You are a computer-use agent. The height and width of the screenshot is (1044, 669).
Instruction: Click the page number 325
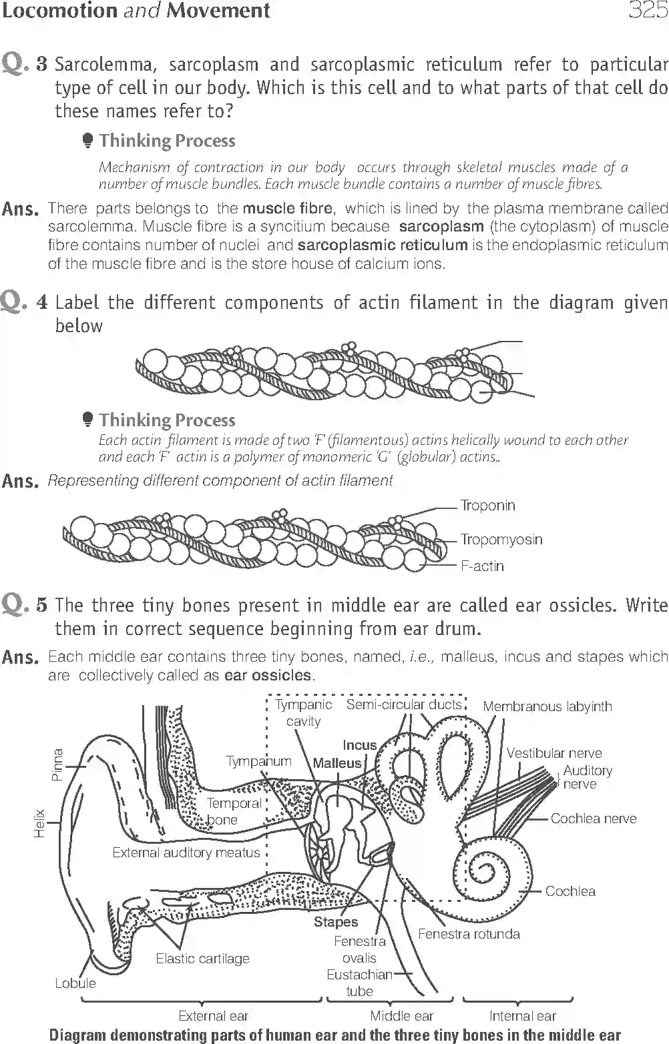tap(647, 11)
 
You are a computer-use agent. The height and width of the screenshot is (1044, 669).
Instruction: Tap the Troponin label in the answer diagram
tap(487, 506)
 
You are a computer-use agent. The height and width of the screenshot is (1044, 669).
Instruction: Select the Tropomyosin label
tap(501, 539)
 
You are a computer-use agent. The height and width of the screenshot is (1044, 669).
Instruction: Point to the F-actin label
tap(482, 566)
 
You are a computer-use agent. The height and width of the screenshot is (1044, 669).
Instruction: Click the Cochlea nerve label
tap(593, 819)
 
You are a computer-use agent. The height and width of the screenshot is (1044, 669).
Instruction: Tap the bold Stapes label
tap(336, 922)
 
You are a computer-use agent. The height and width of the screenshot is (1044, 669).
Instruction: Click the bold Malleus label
tap(337, 763)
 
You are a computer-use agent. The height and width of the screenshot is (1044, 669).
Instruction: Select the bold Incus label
tap(360, 745)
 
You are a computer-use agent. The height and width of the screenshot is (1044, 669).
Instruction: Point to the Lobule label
tap(75, 983)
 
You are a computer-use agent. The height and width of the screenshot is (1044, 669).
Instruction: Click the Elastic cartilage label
tap(202, 959)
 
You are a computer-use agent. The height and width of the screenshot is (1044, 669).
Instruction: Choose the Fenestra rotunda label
tap(469, 934)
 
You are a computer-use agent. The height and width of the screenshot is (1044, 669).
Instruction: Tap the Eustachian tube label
tap(359, 983)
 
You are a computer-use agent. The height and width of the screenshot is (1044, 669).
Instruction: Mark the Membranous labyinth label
tap(547, 706)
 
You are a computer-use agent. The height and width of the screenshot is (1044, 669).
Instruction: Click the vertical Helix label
tap(39, 823)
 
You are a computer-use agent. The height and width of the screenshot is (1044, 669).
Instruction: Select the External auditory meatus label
tap(186, 853)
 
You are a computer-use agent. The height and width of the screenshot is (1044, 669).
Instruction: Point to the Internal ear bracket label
tap(522, 1016)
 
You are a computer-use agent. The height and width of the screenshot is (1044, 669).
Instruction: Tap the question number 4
tap(41, 302)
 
